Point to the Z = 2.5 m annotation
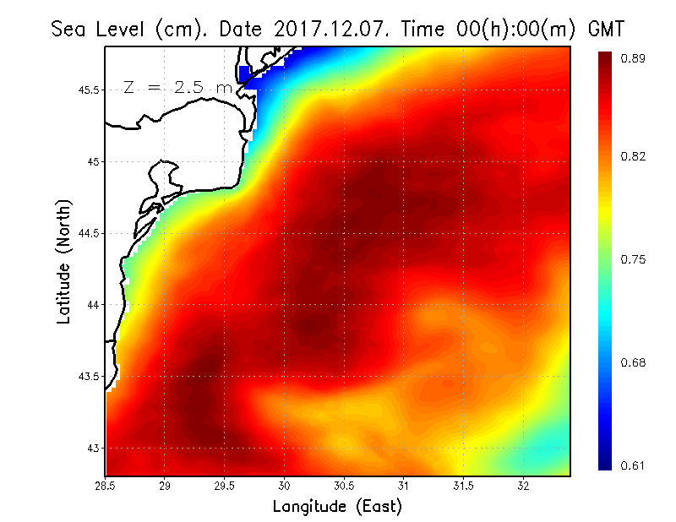tap(177, 87)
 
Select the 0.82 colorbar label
tap(634, 156)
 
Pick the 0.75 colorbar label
tap(634, 259)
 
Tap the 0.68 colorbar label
tap(634, 362)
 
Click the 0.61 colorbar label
tap(634, 465)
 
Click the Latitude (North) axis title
tap(63, 261)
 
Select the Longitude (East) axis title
tap(337, 507)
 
